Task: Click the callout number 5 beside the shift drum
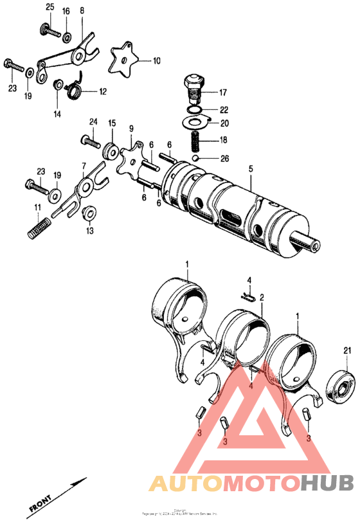251,168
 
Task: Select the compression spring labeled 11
40,228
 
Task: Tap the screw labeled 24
89,138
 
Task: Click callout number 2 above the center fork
262,299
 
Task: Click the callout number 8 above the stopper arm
82,11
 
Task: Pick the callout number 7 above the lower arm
83,166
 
